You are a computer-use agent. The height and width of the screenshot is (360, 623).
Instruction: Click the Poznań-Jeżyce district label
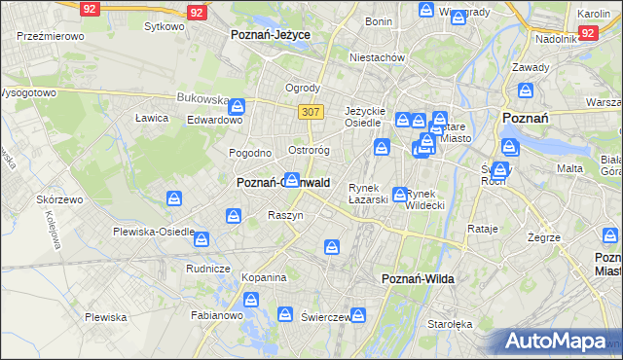pos(271,34)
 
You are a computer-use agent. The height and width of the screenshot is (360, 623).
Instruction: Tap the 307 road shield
pos(311,112)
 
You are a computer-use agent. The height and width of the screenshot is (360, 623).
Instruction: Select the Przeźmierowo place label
pos(51,35)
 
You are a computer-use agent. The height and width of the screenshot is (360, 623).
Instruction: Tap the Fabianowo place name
pos(216,315)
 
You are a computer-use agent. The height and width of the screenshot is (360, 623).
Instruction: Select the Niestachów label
pos(377,57)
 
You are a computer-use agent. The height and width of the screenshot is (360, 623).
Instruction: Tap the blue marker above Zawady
pos(527,92)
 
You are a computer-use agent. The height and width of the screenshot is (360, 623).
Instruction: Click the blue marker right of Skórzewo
pos(173,199)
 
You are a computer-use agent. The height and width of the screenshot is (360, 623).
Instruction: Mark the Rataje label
pos(483,230)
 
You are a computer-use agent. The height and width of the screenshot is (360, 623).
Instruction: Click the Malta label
pos(569,168)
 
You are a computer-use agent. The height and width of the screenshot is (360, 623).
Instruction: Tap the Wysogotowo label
pos(27,93)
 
